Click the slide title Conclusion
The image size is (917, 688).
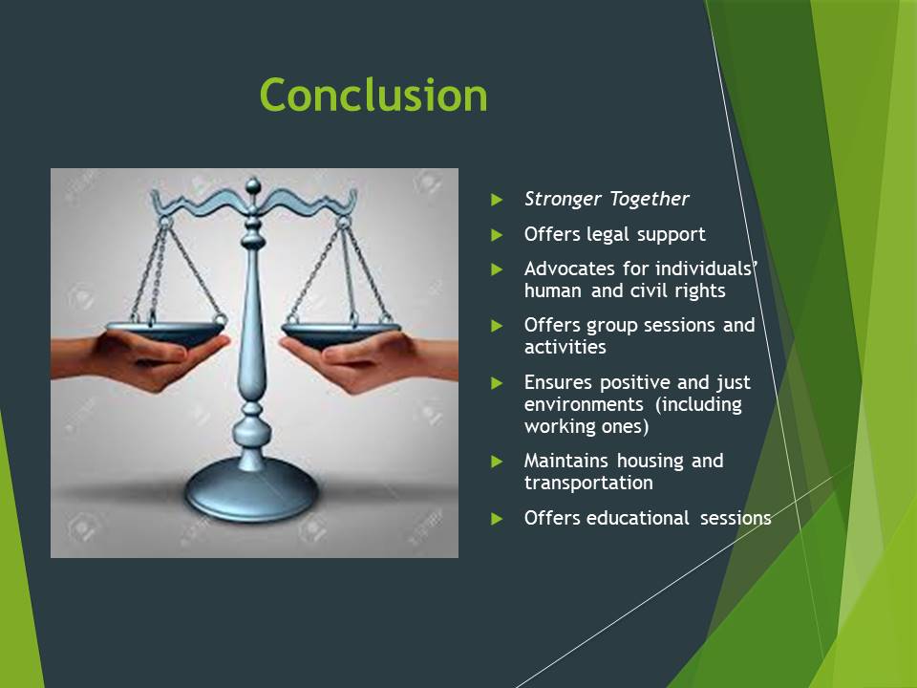click(373, 95)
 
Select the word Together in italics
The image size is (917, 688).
click(649, 200)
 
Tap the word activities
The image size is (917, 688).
click(565, 347)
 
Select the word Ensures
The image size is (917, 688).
click(557, 382)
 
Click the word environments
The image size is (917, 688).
click(584, 404)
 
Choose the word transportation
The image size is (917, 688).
click(588, 483)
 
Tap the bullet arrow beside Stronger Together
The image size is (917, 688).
click(497, 200)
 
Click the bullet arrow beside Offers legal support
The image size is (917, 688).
click(497, 235)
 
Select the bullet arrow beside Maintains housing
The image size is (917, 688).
click(497, 462)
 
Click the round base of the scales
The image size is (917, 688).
click(252, 490)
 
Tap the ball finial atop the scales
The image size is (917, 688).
click(252, 186)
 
